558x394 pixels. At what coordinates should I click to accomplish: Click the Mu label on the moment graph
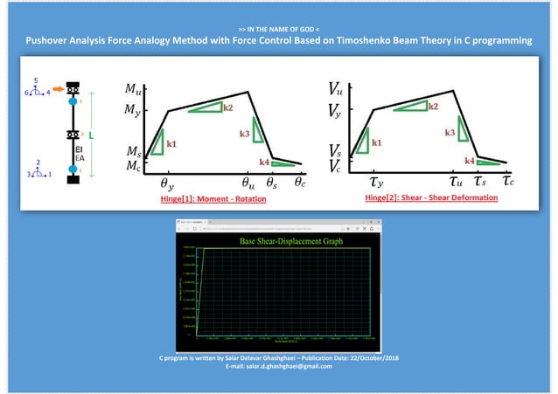pyautogui.click(x=131, y=89)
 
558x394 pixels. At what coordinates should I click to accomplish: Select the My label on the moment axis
pyautogui.click(x=131, y=111)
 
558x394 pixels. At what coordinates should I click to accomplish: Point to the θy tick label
pyautogui.click(x=166, y=184)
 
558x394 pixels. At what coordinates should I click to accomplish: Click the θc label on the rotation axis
pyautogui.click(x=300, y=183)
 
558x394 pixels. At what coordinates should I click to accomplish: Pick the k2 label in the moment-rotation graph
pyautogui.click(x=227, y=108)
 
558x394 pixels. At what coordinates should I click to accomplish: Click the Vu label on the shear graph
pyautogui.click(x=335, y=89)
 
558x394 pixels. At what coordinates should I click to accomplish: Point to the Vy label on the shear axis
pyautogui.click(x=335, y=111)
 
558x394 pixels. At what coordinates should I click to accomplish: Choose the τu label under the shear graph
pyautogui.click(x=456, y=183)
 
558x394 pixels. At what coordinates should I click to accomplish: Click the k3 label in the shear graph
pyautogui.click(x=449, y=133)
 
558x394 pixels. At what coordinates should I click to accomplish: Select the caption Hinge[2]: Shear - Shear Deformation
pyautogui.click(x=430, y=198)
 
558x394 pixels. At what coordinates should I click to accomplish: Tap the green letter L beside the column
pyautogui.click(x=90, y=135)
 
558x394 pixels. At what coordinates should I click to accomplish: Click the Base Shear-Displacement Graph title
pyautogui.click(x=278, y=238)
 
